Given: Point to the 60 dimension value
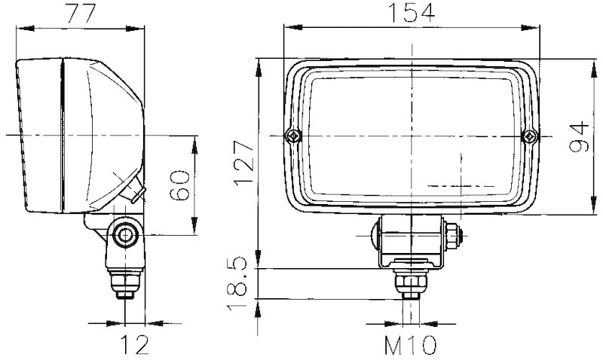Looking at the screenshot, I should (x=180, y=185).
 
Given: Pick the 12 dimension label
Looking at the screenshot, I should (x=133, y=346).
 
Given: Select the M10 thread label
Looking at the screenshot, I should (x=411, y=346).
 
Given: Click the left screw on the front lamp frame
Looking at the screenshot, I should (x=292, y=136).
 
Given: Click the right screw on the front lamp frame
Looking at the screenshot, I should (x=531, y=136).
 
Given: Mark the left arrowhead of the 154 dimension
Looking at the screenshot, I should (x=287, y=28).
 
